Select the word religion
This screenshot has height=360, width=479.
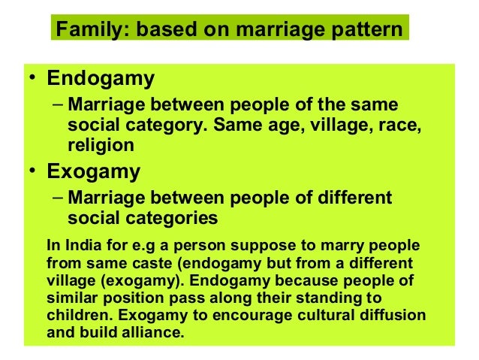click(x=101, y=144)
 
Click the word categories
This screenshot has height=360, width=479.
click(x=167, y=219)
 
